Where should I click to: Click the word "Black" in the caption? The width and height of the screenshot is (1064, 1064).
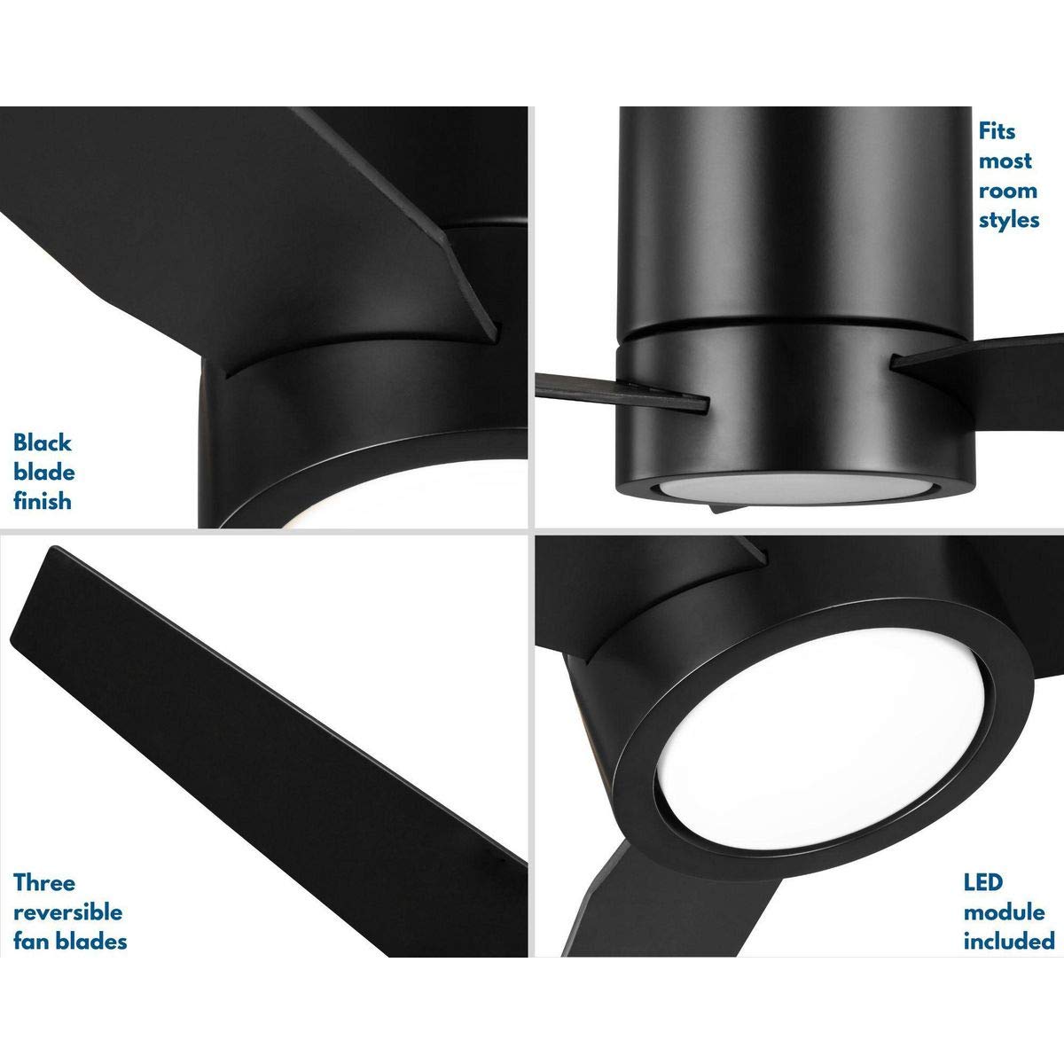tap(43, 442)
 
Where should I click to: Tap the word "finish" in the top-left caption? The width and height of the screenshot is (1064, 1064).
tap(43, 501)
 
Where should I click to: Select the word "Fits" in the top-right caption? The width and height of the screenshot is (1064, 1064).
tap(997, 131)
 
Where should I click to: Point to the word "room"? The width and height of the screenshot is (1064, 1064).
tap(1007, 191)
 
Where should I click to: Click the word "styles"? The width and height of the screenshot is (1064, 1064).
tap(1009, 220)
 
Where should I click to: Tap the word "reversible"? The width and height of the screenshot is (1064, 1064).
tap(68, 911)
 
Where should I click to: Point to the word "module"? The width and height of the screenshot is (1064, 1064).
tap(1004, 911)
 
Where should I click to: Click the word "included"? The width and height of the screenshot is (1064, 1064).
tap(1009, 941)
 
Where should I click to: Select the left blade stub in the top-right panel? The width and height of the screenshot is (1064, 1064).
tap(621, 393)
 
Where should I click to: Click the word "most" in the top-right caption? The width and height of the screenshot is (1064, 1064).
tap(1005, 161)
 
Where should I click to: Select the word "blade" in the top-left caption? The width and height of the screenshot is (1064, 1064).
tap(43, 472)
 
